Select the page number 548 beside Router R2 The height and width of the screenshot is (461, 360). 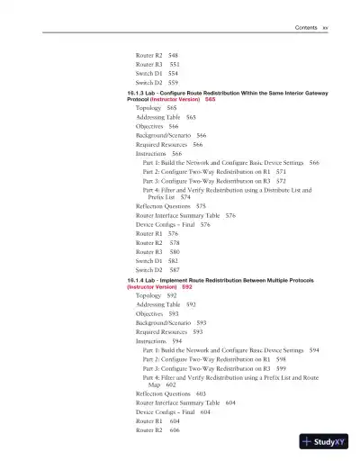173,56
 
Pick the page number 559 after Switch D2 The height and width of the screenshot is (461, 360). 174,84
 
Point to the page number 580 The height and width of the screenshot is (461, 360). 175,252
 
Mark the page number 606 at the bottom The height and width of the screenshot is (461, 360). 175,429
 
